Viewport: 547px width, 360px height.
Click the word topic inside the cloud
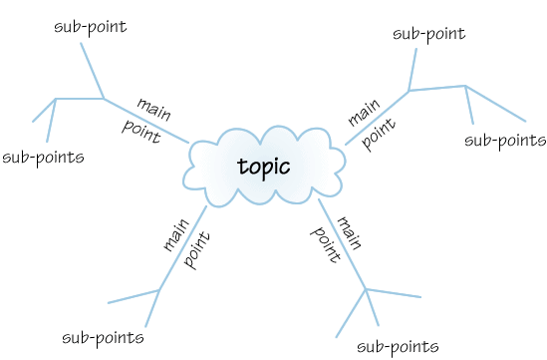tap(264, 166)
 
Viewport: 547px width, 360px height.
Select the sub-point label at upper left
tap(90, 26)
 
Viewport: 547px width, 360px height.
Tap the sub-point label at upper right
tap(428, 34)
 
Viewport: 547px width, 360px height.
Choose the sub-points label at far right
tap(505, 140)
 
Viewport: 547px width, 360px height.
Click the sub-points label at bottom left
tap(103, 337)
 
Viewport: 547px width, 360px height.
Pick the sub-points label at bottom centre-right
tap(397, 346)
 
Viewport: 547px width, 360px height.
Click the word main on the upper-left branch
tap(153, 108)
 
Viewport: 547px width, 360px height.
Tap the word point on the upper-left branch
tap(140, 131)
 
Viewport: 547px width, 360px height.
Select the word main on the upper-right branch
tap(362, 112)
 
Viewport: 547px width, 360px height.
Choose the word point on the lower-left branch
tap(197, 249)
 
